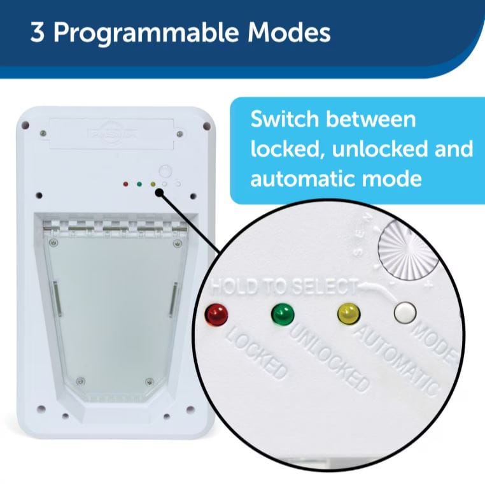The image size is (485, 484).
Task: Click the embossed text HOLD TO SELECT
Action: (x=286, y=287)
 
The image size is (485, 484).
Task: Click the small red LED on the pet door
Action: (x=125, y=185)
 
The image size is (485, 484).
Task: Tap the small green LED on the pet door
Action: (x=139, y=185)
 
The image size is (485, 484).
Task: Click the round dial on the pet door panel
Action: (x=165, y=171)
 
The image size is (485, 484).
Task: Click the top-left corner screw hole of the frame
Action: (x=27, y=125)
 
